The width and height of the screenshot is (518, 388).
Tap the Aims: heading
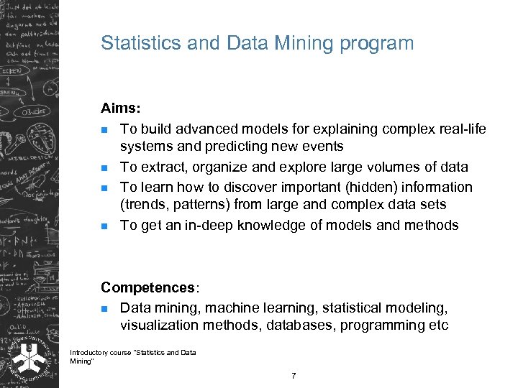120,108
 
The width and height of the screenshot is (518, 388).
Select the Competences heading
147,287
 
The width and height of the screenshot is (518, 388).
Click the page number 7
294,376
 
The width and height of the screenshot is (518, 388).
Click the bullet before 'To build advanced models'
105,130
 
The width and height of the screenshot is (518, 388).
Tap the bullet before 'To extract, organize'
105,167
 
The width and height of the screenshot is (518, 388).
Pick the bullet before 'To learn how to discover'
105,188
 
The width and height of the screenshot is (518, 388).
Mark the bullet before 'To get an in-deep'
105,226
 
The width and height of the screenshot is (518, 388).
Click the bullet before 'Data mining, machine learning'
105,309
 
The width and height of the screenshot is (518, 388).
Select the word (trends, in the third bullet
145,205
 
